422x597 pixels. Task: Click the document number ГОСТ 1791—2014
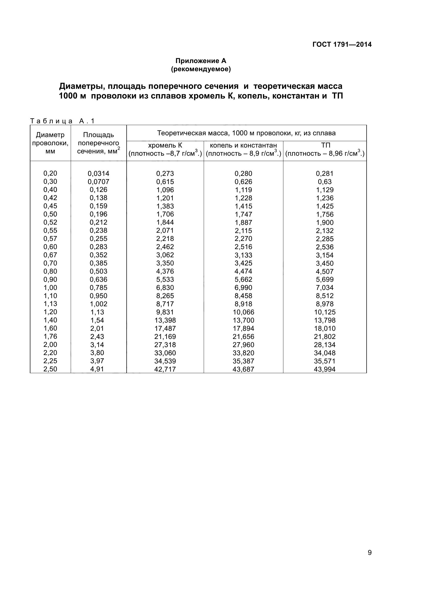pos(342,44)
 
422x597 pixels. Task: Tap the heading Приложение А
pos(201,61)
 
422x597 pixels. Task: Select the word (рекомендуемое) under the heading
pos(201,69)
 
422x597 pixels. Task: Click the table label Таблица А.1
pos(62,121)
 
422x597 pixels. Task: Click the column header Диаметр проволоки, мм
pos(50,143)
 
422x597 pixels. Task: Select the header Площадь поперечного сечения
pos(99,143)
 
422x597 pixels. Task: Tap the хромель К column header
pos(165,149)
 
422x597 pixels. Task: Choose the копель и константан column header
pos(243,149)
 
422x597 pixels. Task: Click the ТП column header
pos(325,149)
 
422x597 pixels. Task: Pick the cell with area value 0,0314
pos(99,173)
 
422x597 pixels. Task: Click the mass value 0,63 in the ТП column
pos(325,182)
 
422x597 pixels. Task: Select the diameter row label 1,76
pos(50,336)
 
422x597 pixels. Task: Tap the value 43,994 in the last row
pos(325,369)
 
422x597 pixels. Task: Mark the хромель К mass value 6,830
pos(165,288)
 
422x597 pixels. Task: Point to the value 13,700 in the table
pos(243,320)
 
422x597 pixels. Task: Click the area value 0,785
pos(99,288)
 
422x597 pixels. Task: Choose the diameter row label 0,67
pos(50,255)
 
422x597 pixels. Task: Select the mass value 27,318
pos(165,345)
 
